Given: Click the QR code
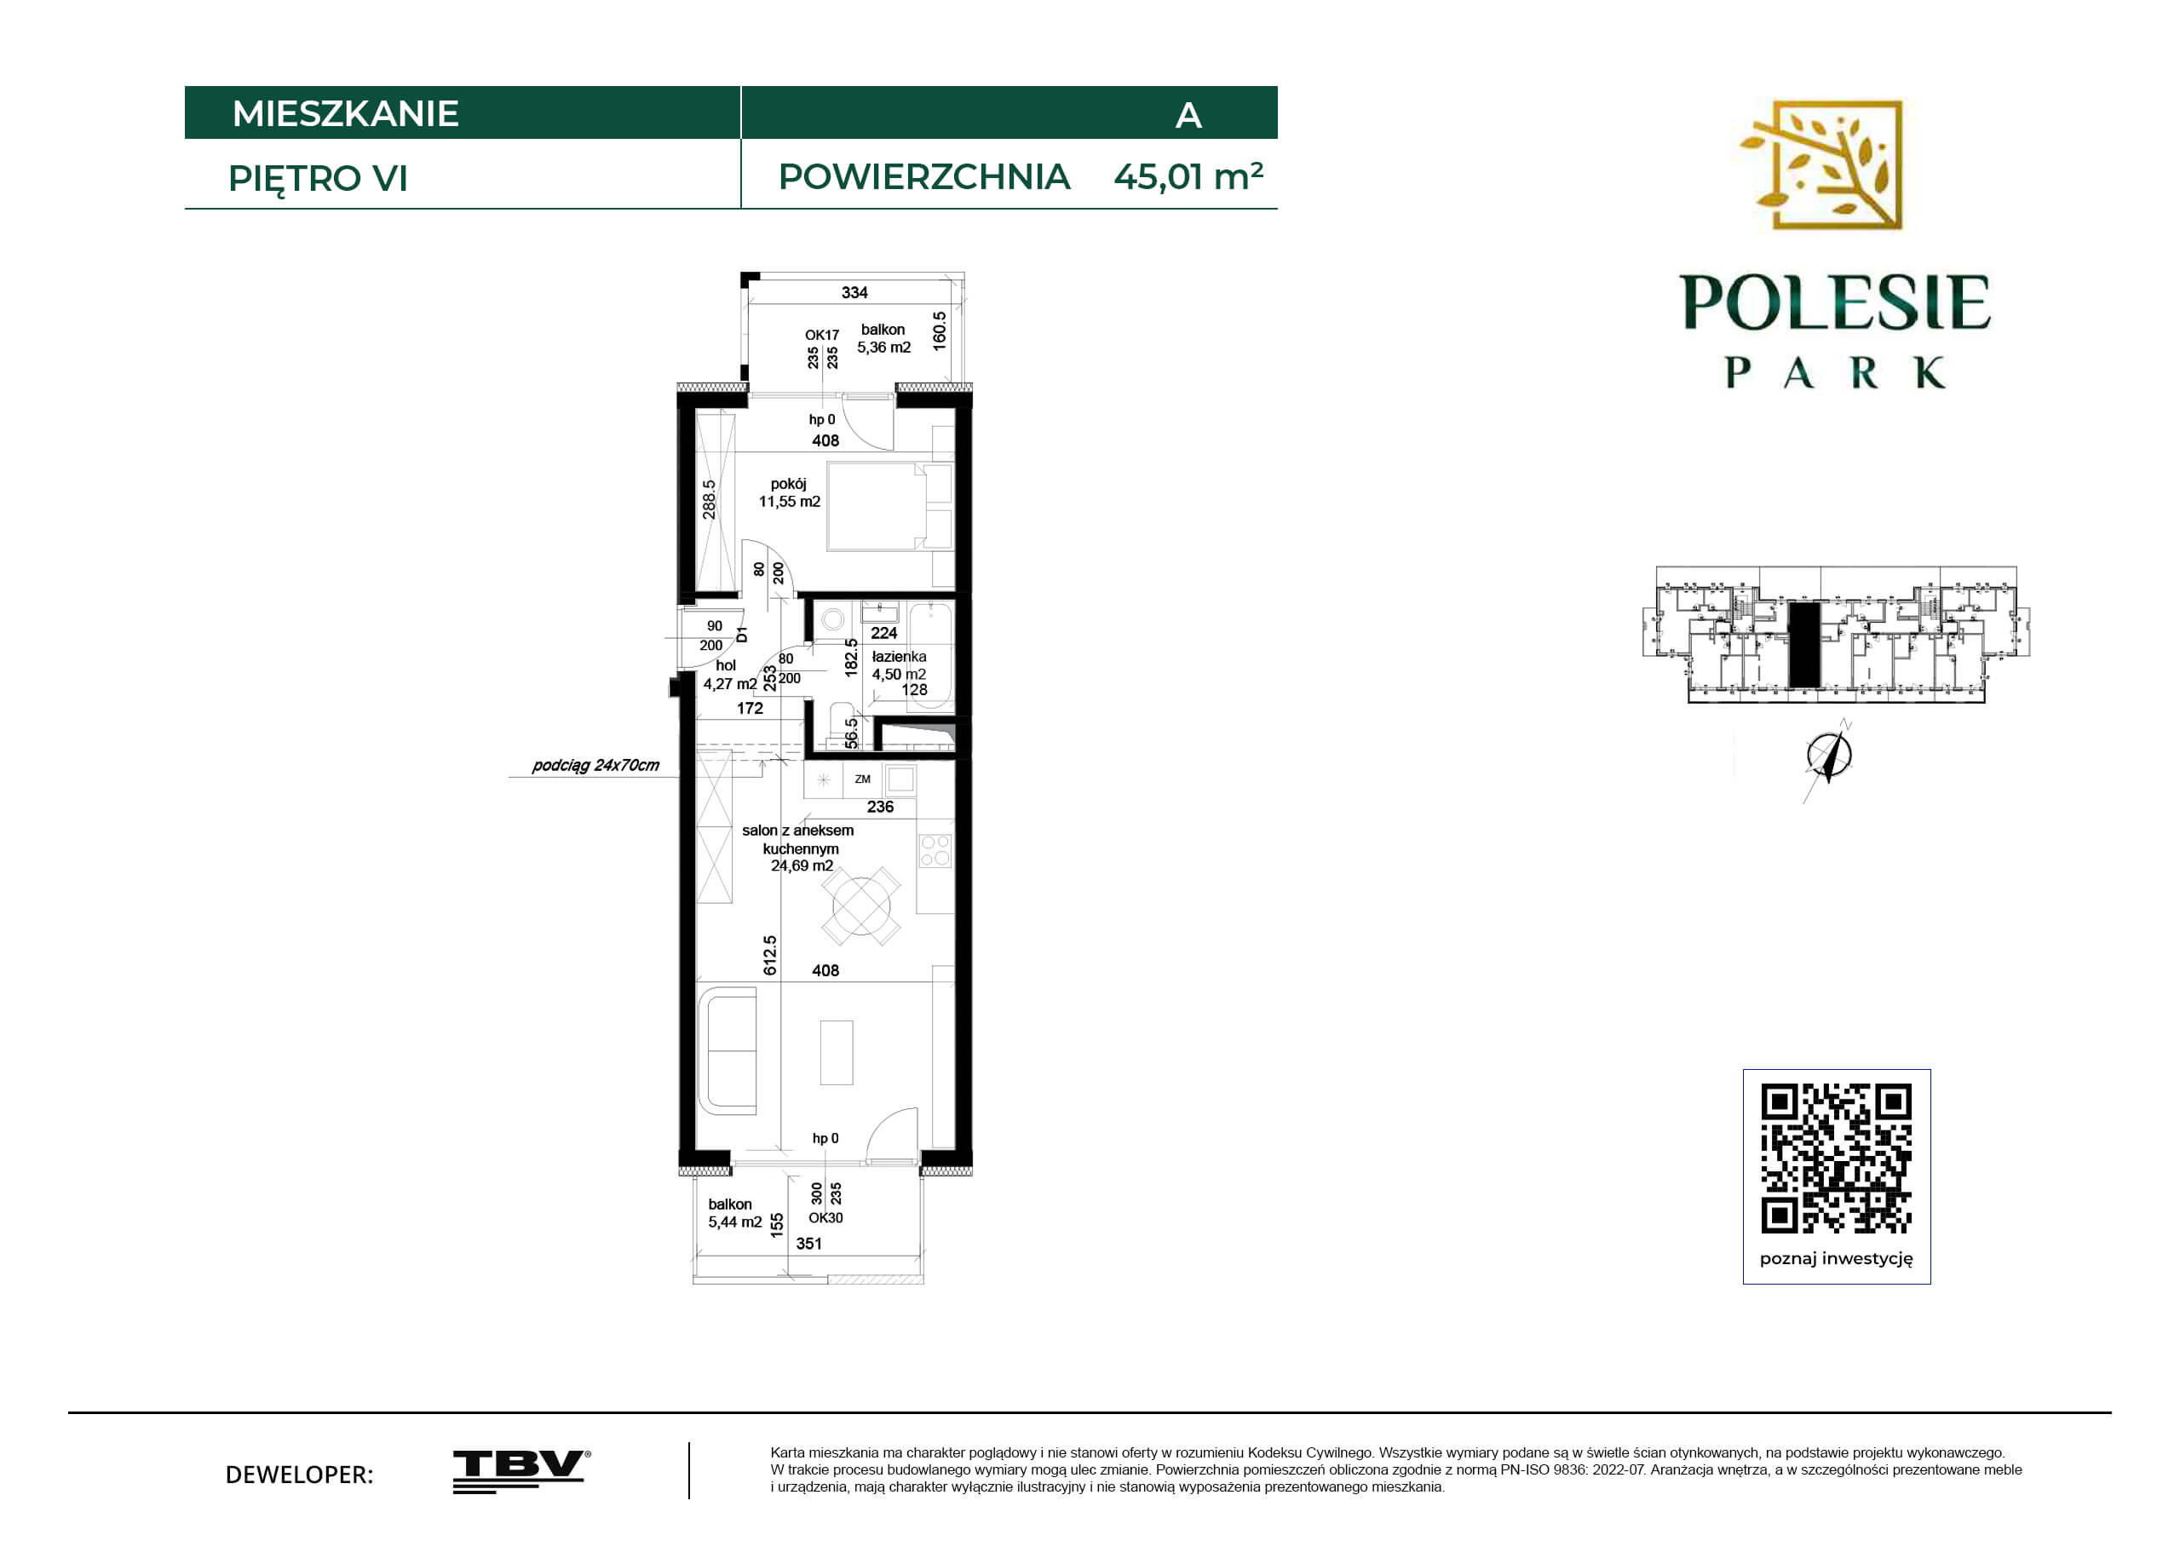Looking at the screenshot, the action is pyautogui.click(x=1837, y=1158).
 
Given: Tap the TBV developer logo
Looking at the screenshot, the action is pyautogui.click(x=521, y=1471).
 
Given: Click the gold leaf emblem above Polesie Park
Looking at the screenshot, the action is pyautogui.click(x=1821, y=165).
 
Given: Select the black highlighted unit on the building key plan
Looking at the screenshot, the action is pyautogui.click(x=1804, y=645).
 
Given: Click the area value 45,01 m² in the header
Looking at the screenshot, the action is pyautogui.click(x=1188, y=176).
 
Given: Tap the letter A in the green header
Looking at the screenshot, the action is pyautogui.click(x=1188, y=116).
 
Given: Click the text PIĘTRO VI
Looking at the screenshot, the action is pyautogui.click(x=318, y=179).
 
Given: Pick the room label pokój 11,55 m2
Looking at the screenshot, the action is pyautogui.click(x=789, y=492).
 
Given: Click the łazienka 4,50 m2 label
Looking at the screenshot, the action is pyautogui.click(x=898, y=664).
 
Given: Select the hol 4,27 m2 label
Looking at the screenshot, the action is pyautogui.click(x=729, y=674).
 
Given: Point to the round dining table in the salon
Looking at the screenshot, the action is pyautogui.click(x=861, y=906).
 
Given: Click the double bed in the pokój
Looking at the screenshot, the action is pyautogui.click(x=889, y=506).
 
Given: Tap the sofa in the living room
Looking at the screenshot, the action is pyautogui.click(x=728, y=1050).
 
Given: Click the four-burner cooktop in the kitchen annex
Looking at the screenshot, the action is pyautogui.click(x=935, y=850).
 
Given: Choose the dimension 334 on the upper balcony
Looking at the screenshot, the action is pyautogui.click(x=854, y=292).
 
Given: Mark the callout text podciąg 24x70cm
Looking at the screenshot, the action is pyautogui.click(x=595, y=765).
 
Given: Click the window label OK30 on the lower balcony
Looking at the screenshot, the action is pyautogui.click(x=826, y=1217).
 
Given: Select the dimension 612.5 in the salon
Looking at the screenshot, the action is pyautogui.click(x=770, y=955).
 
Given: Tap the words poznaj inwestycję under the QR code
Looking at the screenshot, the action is pyautogui.click(x=1837, y=1259).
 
